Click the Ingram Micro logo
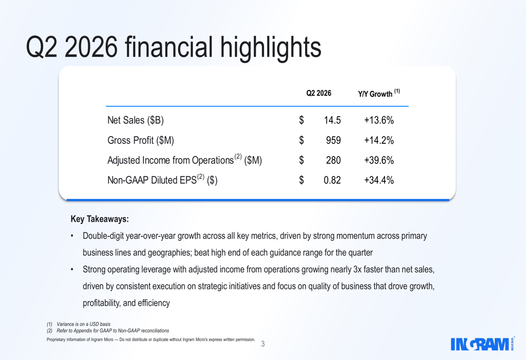(x=482, y=344)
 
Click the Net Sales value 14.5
(x=332, y=120)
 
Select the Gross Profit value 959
(x=333, y=140)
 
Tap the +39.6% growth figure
(x=379, y=160)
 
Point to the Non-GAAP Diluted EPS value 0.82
(x=332, y=180)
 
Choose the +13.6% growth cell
(x=379, y=120)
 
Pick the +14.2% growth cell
(x=379, y=140)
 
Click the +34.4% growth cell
(x=379, y=180)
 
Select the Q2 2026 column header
(x=319, y=93)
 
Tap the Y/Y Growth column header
(x=379, y=93)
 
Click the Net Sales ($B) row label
(x=136, y=120)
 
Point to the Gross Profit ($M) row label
(x=140, y=140)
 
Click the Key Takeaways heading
(x=99, y=219)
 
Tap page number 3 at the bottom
(x=263, y=344)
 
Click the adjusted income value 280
(x=333, y=160)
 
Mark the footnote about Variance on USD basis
(x=78, y=324)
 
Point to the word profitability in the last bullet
(x=102, y=303)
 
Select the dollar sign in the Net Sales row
(x=301, y=120)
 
